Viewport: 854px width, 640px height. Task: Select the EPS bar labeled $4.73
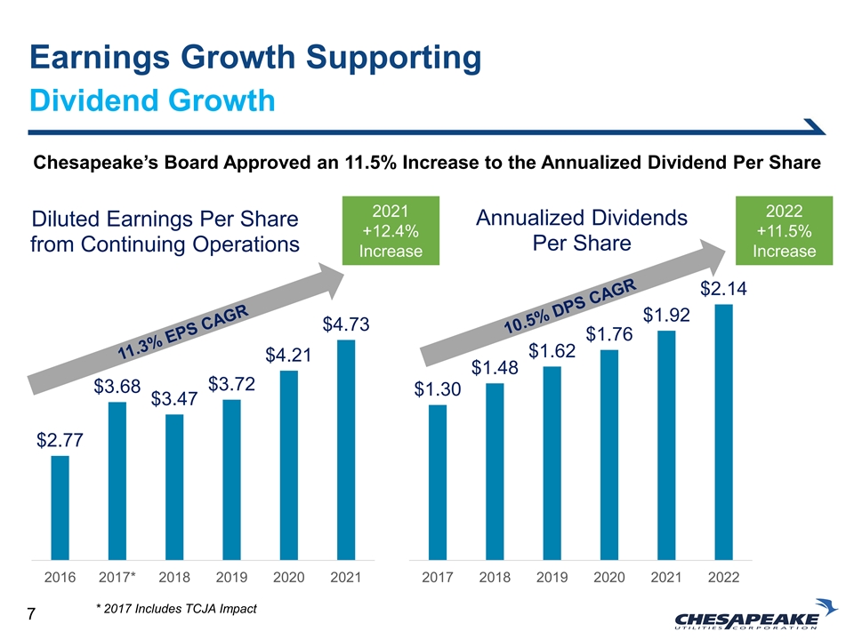point(346,449)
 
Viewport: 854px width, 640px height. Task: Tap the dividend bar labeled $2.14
point(723,432)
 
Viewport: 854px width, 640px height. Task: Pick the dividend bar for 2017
point(437,482)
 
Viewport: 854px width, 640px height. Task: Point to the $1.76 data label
point(608,334)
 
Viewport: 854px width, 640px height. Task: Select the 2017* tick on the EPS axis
point(117,578)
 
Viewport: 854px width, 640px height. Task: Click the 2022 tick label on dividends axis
point(723,578)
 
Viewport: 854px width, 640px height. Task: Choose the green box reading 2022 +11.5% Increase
point(784,230)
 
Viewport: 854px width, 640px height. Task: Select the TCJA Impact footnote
point(175,609)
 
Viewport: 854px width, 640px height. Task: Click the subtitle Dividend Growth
point(151,100)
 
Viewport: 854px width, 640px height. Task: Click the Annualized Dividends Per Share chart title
point(583,230)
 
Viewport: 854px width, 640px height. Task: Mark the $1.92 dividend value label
point(666,315)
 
